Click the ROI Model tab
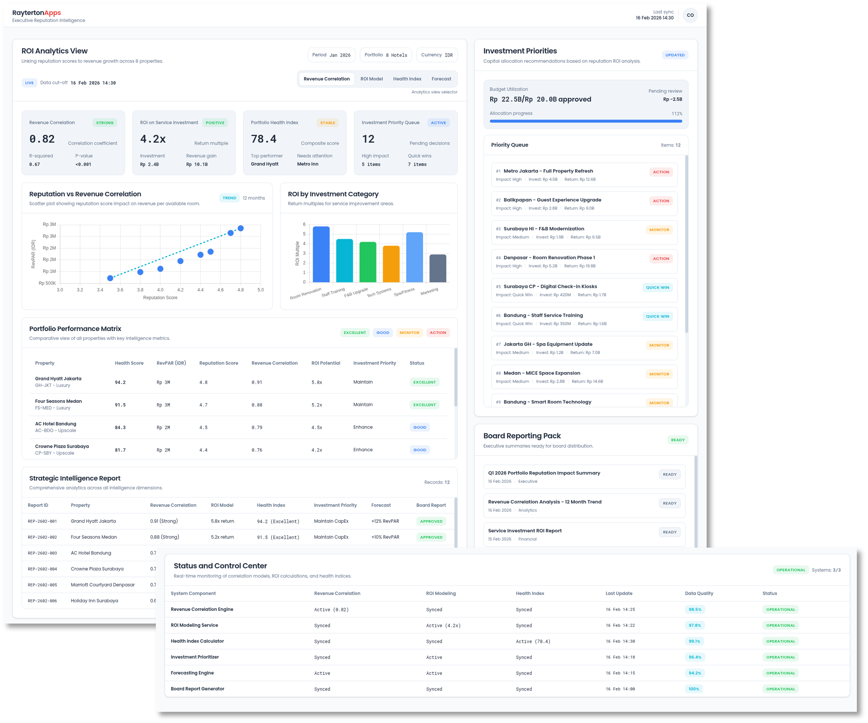371,79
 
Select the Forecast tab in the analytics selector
441,79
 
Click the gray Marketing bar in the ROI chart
438,269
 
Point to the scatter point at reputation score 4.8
241,228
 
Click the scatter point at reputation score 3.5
110,278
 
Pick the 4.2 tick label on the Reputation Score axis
180,290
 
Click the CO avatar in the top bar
690,15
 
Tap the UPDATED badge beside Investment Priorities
675,55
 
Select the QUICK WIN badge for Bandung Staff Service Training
657,316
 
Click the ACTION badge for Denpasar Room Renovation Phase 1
660,259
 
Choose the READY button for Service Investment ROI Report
669,532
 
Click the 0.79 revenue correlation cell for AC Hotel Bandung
257,428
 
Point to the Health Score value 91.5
120,405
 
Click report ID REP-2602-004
42,569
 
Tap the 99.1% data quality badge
694,641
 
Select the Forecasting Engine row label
192,673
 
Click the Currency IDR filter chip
436,55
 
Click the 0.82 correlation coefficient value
42,139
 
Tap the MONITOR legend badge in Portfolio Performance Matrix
409,333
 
